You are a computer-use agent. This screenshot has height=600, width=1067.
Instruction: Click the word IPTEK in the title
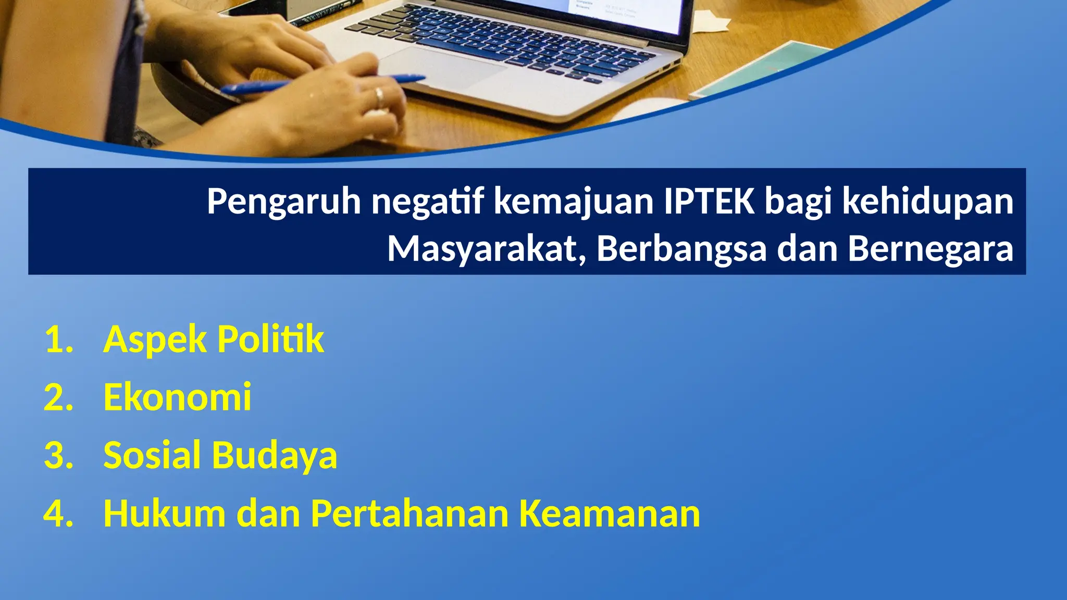tap(709, 201)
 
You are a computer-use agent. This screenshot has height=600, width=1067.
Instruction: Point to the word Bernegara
tap(930, 249)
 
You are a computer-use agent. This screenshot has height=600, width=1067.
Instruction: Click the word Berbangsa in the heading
tap(681, 249)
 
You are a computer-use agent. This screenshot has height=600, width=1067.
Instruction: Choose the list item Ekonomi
tap(177, 397)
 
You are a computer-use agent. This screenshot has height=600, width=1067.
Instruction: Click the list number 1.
tap(58, 340)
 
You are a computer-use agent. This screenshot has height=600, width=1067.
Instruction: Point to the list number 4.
tap(58, 514)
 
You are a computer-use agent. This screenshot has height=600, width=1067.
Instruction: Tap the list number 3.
tap(58, 456)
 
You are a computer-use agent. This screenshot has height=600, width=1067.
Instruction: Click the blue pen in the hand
tap(323, 84)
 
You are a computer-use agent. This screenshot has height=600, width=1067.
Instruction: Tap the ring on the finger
tap(379, 96)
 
